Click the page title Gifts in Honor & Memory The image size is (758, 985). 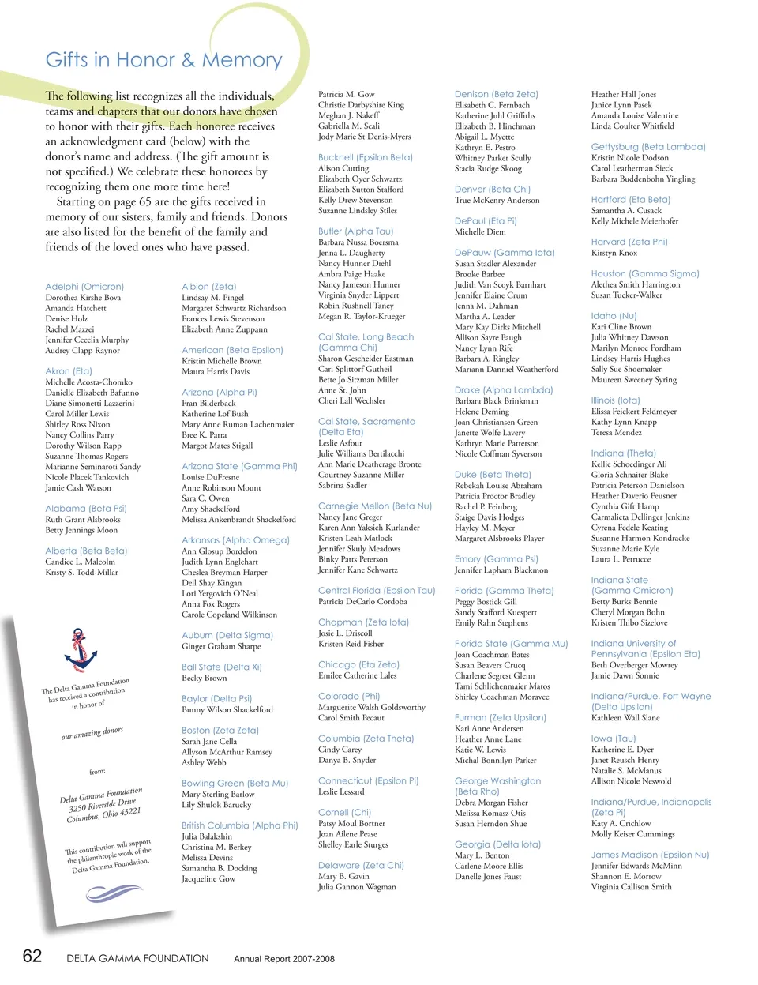coord(163,60)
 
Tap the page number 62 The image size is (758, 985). coord(32,956)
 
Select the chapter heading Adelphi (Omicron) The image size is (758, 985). coord(84,287)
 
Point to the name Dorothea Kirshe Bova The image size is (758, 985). coord(83,298)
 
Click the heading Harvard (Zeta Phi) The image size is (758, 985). coord(629,242)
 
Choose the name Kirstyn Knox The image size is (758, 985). coord(614,253)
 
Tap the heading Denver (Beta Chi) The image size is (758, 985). coord(492,190)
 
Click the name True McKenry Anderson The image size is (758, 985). coord(497,201)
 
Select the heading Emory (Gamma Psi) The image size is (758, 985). coord(496,559)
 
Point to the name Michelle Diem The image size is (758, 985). coord(480,232)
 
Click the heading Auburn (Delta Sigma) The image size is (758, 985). coord(227,635)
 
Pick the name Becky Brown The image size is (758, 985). coord(204,678)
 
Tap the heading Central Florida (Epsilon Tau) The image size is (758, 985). coord(376,590)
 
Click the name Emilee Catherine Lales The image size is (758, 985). coord(357,675)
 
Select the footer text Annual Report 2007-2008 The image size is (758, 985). coord(283,959)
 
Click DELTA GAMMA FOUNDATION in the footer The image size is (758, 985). coord(137,958)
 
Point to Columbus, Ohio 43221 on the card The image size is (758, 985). coord(103,815)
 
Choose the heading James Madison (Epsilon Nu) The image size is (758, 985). coord(650,855)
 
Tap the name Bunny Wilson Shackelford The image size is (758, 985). coord(227,709)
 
